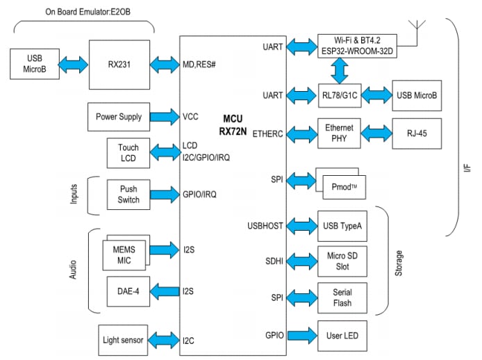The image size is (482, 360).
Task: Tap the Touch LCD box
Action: coord(128,153)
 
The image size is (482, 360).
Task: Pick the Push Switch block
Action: coord(128,195)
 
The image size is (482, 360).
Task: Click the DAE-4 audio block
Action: coord(128,291)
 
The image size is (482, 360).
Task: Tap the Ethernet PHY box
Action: coord(339,133)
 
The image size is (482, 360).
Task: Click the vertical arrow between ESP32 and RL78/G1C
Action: coord(339,70)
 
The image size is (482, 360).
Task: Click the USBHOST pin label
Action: coord(265,225)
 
